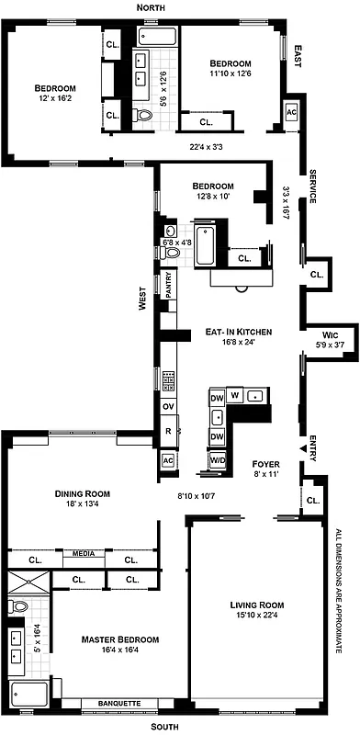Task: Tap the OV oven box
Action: pos(168,405)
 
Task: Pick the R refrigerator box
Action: pos(168,430)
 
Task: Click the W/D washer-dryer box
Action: pos(219,459)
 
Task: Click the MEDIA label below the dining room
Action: pos(76,554)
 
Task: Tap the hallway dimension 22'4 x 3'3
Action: pos(207,146)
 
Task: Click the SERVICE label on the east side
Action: pos(312,187)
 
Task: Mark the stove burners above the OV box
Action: pos(169,378)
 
